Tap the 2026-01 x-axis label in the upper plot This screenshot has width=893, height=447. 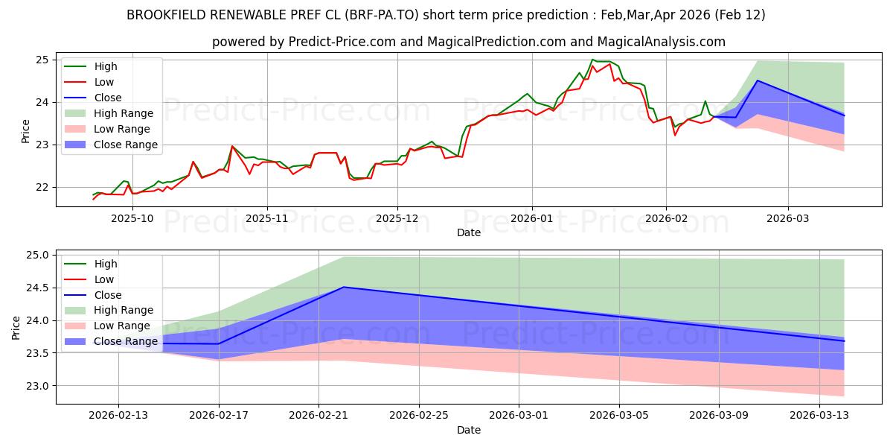[x=531, y=218]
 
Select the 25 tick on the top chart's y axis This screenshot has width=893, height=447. [x=42, y=60]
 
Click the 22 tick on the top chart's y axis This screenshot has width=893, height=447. [x=42, y=188]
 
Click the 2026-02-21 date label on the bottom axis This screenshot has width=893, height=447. [x=319, y=415]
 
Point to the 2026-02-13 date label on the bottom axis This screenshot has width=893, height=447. [x=118, y=415]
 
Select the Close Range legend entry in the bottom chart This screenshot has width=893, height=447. [x=126, y=341]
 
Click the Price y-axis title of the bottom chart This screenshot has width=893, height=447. [x=16, y=328]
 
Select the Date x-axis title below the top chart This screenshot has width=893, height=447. [x=469, y=232]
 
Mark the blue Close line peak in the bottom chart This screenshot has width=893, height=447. [x=343, y=287]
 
